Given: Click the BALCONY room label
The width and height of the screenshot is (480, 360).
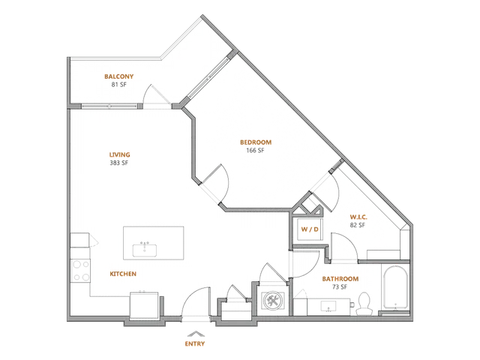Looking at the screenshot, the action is pyautogui.click(x=118, y=76).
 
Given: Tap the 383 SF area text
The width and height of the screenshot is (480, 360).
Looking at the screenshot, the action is pyautogui.click(x=118, y=163).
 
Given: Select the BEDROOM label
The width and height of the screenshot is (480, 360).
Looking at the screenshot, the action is pyautogui.click(x=256, y=142).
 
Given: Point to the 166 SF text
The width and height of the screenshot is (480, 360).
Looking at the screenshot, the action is pyautogui.click(x=255, y=150).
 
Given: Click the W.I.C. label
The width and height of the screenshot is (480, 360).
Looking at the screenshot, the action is pyautogui.click(x=358, y=217).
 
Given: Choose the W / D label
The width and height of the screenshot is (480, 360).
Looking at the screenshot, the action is pyautogui.click(x=310, y=229).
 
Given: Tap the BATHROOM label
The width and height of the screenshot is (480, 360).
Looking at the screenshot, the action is pyautogui.click(x=340, y=279).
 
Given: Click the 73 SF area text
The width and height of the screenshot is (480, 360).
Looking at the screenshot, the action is pyautogui.click(x=340, y=286).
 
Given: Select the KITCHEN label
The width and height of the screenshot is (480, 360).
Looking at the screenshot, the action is pyautogui.click(x=123, y=274).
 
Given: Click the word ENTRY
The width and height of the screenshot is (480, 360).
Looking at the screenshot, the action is pyautogui.click(x=195, y=343).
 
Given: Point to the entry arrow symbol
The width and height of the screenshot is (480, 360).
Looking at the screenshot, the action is pyautogui.click(x=196, y=334).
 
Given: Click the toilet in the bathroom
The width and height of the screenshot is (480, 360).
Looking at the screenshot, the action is pyautogui.click(x=364, y=304).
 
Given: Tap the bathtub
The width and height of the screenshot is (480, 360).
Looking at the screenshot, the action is pyautogui.click(x=395, y=288).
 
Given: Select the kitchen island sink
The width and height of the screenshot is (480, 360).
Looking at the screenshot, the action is pyautogui.click(x=145, y=250).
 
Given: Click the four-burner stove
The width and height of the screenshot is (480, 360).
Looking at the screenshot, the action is pyautogui.click(x=81, y=271).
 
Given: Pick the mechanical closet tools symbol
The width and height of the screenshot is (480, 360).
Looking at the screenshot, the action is pyautogui.click(x=272, y=301).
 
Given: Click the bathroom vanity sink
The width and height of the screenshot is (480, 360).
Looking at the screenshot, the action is pyautogui.click(x=328, y=306).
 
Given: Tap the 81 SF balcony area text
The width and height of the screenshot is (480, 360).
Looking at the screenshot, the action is pyautogui.click(x=118, y=85).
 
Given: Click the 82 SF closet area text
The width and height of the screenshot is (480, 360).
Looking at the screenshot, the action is pyautogui.click(x=358, y=225).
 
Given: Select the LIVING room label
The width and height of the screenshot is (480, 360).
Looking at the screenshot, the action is pyautogui.click(x=120, y=155).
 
